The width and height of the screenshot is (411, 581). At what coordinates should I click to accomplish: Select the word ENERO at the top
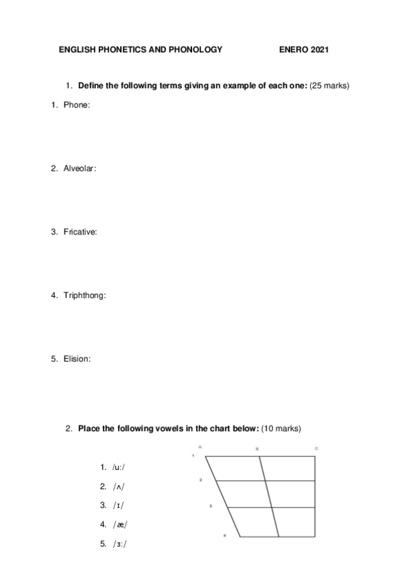click(294, 50)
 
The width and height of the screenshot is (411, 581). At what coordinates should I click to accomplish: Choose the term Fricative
click(80, 232)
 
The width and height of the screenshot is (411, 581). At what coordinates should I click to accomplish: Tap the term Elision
click(77, 358)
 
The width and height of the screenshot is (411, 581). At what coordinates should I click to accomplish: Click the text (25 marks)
click(330, 86)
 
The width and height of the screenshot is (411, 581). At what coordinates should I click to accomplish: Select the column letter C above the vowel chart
click(316, 448)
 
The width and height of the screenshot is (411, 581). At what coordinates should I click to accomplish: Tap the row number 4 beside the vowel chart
click(225, 535)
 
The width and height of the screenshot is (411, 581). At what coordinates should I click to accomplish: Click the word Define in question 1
click(91, 86)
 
